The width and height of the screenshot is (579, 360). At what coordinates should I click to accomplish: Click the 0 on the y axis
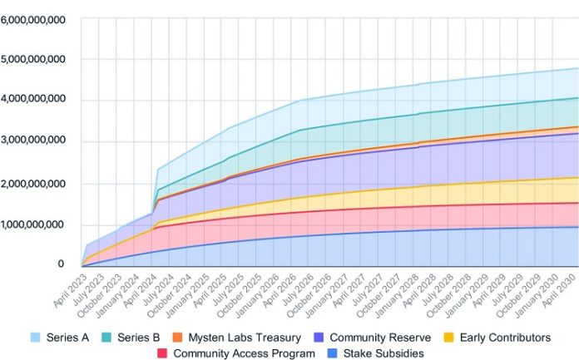pos(60,264)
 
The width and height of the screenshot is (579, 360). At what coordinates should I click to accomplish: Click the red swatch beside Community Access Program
pos(162,353)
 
